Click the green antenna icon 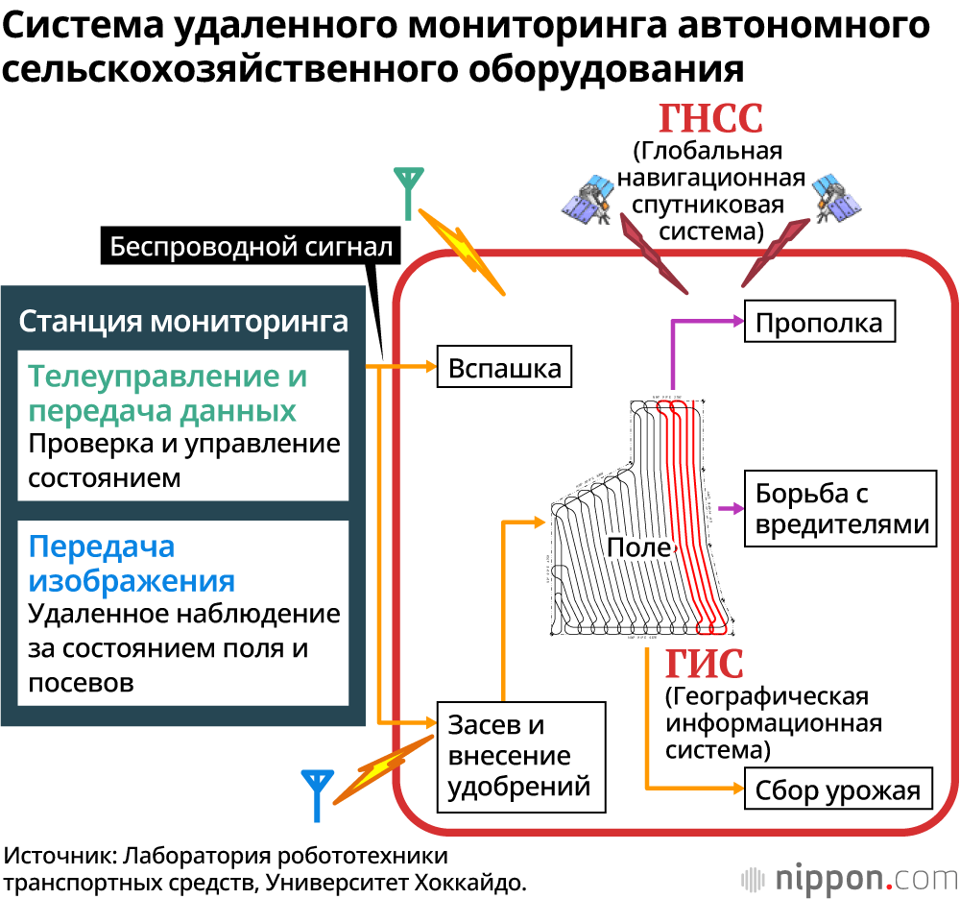tap(409, 193)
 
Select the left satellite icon tap(587, 199)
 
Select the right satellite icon tap(836, 199)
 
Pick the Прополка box tap(819, 322)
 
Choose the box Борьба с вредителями tap(840, 509)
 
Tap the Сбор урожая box tap(837, 790)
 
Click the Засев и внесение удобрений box tap(520, 756)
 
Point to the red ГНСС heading tap(710, 120)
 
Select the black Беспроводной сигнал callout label tap(251, 247)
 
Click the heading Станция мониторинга tap(183, 320)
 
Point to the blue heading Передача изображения tap(132, 564)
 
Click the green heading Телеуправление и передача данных tap(168, 394)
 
